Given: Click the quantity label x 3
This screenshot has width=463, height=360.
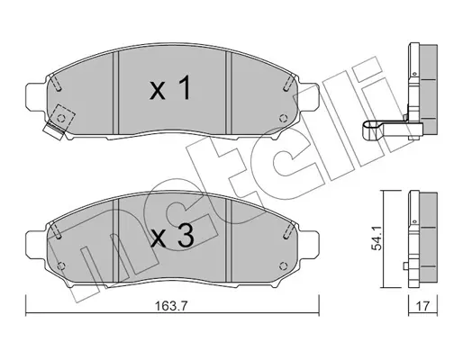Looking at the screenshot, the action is pos(173,236).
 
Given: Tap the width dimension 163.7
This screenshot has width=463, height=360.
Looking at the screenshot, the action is pos(171,306).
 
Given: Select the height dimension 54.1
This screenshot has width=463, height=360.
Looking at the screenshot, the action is pos(376,238).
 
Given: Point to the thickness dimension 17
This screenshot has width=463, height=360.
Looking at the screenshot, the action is pos(422,306).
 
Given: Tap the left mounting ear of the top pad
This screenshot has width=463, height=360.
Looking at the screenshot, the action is pos(36,96).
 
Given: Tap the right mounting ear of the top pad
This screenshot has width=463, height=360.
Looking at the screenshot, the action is pos(308,96).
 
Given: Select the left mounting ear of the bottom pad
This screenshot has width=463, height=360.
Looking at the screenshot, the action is pos(36,244).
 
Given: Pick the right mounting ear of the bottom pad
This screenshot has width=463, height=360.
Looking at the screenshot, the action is pos(308,244).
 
